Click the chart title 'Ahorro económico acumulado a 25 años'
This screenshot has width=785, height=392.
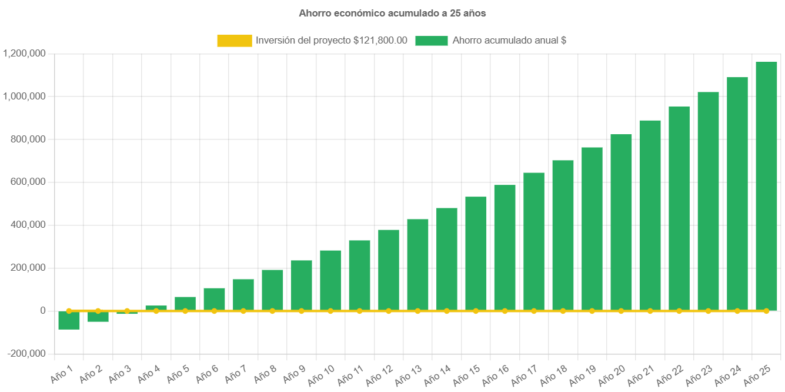pos(392,13)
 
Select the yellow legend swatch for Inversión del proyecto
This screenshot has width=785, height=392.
pos(234,41)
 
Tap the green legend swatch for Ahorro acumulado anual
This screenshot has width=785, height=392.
pos(432,41)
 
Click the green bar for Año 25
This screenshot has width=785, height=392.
pos(766,185)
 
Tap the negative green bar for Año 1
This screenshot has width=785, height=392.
pos(69,320)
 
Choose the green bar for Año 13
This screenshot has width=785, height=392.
pos(417,264)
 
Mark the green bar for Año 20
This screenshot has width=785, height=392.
pos(621,222)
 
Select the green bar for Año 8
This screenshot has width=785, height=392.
pos(272,290)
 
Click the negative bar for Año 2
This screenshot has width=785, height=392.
pos(98,317)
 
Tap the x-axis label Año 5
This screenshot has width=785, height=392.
pos(178,373)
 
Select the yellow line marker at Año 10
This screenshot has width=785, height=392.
pos(330,311)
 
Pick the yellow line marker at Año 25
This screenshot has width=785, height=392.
pos(766,311)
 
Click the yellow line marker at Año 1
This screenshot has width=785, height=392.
pos(69,311)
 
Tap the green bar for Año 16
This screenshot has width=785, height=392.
pos(505,247)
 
